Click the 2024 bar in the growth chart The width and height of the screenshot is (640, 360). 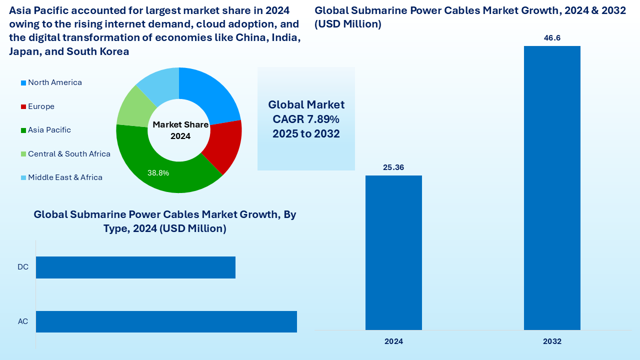(393, 252)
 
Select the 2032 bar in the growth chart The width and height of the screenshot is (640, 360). (552, 188)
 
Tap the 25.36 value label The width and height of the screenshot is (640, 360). (393, 167)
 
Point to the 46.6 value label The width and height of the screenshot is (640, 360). (552, 38)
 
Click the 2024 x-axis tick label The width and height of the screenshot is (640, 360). (393, 341)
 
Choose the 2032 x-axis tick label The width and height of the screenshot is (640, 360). (552, 341)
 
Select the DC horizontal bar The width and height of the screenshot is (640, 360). (135, 267)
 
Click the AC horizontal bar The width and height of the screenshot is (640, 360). (166, 321)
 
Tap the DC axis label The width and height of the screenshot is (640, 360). (23, 267)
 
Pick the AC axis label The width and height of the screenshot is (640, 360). (23, 321)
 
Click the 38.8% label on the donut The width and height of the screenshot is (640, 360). (158, 173)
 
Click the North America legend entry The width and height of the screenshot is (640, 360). (54, 82)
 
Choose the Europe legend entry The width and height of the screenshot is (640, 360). (41, 106)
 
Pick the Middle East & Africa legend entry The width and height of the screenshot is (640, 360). (65, 177)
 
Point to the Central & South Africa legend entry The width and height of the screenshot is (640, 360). (69, 154)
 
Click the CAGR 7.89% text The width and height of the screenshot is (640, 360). (306, 119)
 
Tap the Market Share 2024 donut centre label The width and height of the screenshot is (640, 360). (180, 130)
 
